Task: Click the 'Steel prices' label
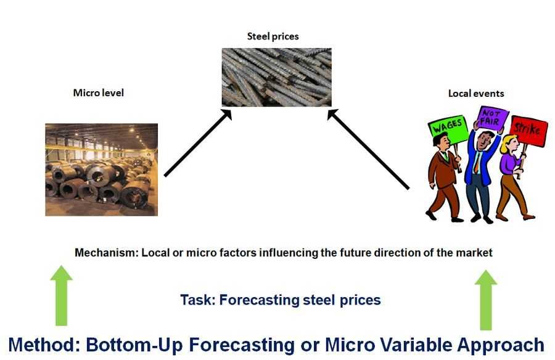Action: pyautogui.click(x=273, y=36)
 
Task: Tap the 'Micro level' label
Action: pyautogui.click(x=99, y=92)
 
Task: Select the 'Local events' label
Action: pyautogui.click(x=476, y=94)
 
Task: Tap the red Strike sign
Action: pyautogui.click(x=528, y=130)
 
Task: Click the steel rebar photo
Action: pyautogui.click(x=276, y=77)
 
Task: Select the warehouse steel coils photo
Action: pyautogui.click(x=102, y=170)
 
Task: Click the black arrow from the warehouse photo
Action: pyautogui.click(x=198, y=143)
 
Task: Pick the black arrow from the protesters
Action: pyautogui.click(x=368, y=149)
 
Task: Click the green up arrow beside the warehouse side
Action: pyautogui.click(x=61, y=295)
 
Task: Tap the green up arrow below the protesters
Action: pyautogui.click(x=486, y=300)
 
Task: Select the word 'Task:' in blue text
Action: pyautogui.click(x=198, y=300)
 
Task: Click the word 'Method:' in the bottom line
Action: pyautogui.click(x=44, y=345)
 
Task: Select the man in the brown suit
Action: pyautogui.click(x=444, y=177)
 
